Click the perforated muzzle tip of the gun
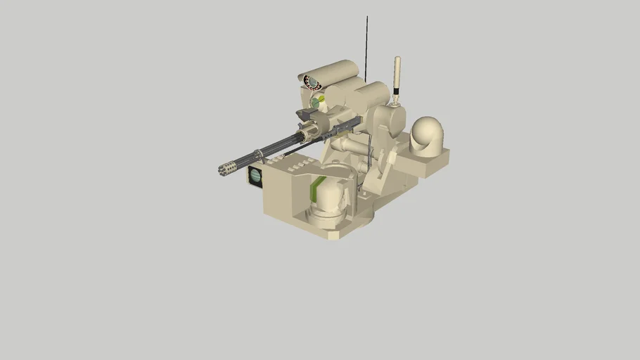[226, 169]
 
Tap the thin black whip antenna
[366, 42]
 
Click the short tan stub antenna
[397, 74]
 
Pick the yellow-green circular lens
[321, 100]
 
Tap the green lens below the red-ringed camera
[314, 103]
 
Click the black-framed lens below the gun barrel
[256, 177]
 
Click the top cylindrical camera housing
[329, 71]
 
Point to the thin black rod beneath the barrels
[302, 146]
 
